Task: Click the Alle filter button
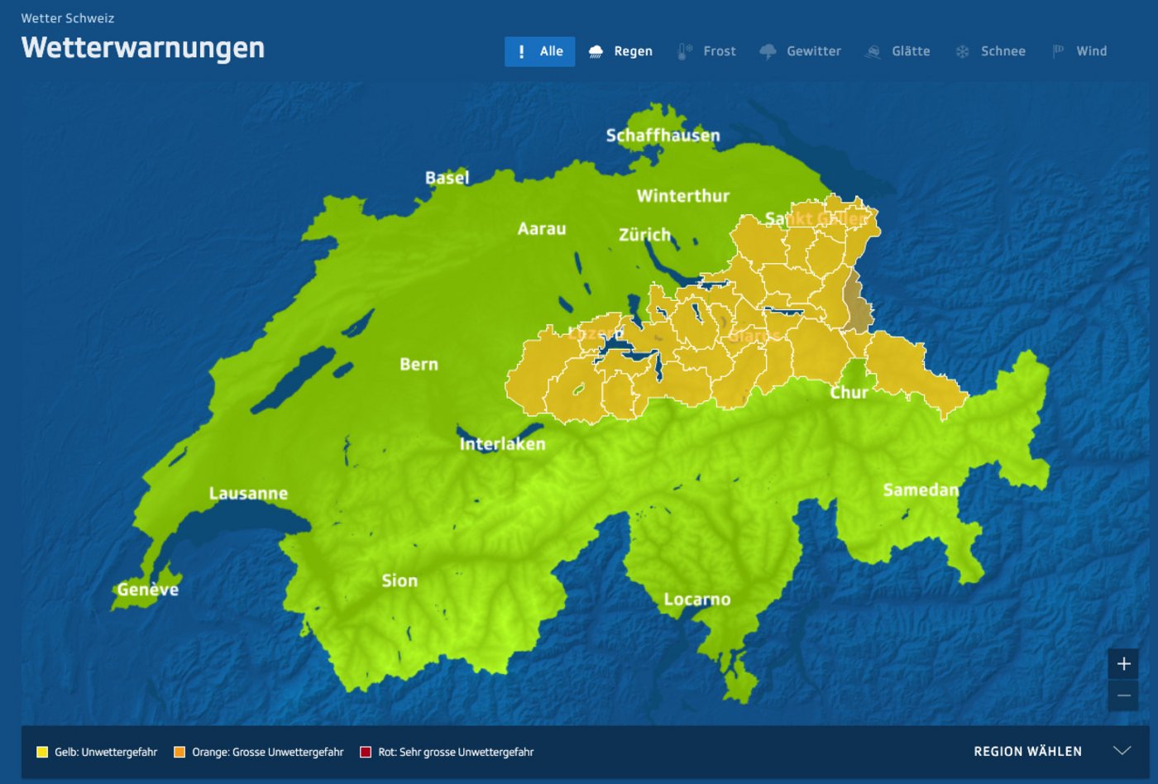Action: pos(539,51)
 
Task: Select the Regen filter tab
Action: pos(621,51)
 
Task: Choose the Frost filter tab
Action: pos(706,51)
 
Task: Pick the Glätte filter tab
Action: pos(897,51)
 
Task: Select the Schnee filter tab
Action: pos(990,51)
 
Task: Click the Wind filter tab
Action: pos(1079,51)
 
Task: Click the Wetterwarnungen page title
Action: pos(143,48)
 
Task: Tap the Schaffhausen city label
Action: pos(663,136)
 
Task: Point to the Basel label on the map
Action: pos(447,178)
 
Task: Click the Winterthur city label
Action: pos(683,196)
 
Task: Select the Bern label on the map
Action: pos(419,365)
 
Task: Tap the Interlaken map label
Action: pos(502,444)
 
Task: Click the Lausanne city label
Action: pos(248,494)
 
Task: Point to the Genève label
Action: pos(147,590)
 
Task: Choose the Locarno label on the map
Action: pos(697,600)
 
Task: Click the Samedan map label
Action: pos(921,490)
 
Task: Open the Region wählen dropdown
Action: pos(1051,751)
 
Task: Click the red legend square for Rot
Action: pos(366,752)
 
